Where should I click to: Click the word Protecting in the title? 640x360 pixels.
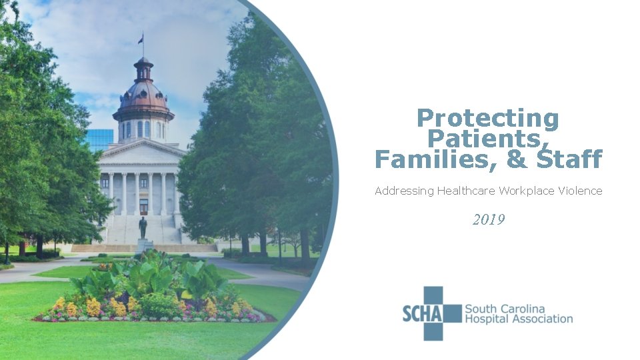(487, 119)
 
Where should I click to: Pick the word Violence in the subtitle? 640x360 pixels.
(581, 191)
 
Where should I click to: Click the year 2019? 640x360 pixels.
(489, 219)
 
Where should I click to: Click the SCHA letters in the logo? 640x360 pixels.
(423, 313)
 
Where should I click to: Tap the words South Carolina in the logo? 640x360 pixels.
(504, 309)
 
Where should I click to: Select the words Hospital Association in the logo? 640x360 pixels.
(518, 319)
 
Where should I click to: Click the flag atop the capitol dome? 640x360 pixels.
(140, 39)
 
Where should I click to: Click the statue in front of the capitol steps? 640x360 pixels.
(143, 227)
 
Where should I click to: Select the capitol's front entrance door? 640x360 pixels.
(143, 205)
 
